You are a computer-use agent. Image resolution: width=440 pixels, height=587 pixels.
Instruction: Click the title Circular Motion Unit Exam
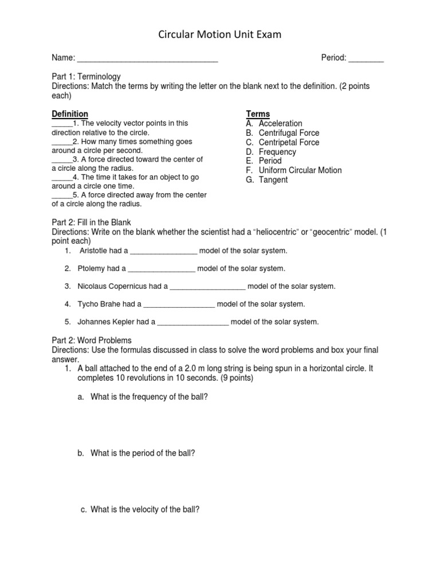220,36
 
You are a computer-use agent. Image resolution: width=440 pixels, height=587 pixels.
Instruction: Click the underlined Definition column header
70,114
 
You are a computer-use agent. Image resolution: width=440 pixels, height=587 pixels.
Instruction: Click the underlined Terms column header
258,114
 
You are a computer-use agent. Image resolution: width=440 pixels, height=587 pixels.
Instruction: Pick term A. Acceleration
274,123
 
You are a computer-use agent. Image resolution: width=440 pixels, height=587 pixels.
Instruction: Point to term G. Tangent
267,180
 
